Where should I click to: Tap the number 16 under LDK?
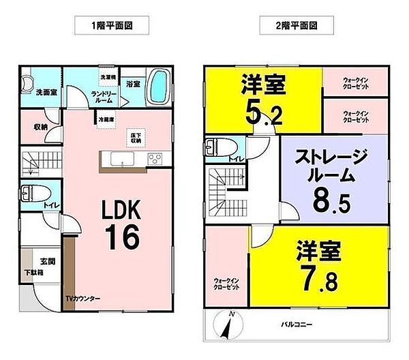point(123,235)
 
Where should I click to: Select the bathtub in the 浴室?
point(157,87)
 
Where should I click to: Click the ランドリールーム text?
point(105,96)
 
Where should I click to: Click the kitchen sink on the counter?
point(120,160)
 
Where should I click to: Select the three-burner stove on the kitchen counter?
point(155,160)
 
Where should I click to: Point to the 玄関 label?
point(47,260)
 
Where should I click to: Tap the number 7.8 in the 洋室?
point(315,277)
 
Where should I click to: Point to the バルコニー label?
point(295,323)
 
